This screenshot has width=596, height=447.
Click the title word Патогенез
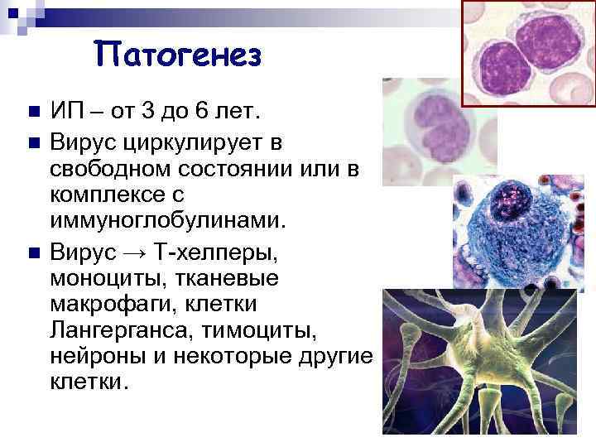coord(178,56)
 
